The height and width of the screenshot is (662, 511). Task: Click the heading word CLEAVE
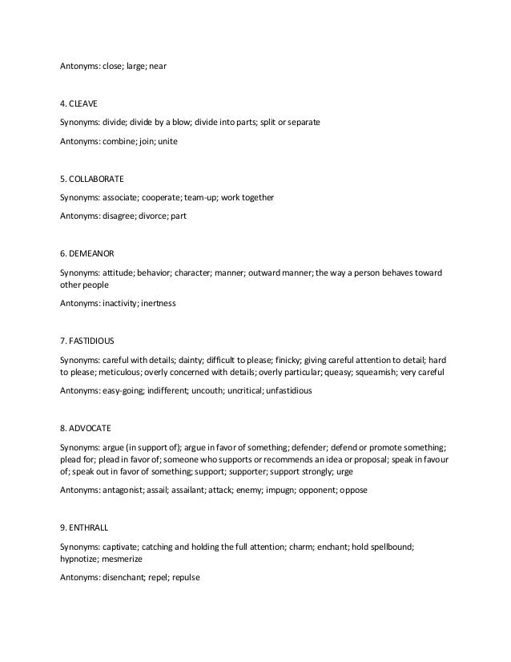[x=85, y=103]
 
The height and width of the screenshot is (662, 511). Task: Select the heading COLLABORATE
[x=97, y=177]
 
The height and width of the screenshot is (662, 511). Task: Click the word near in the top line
[x=157, y=67]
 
